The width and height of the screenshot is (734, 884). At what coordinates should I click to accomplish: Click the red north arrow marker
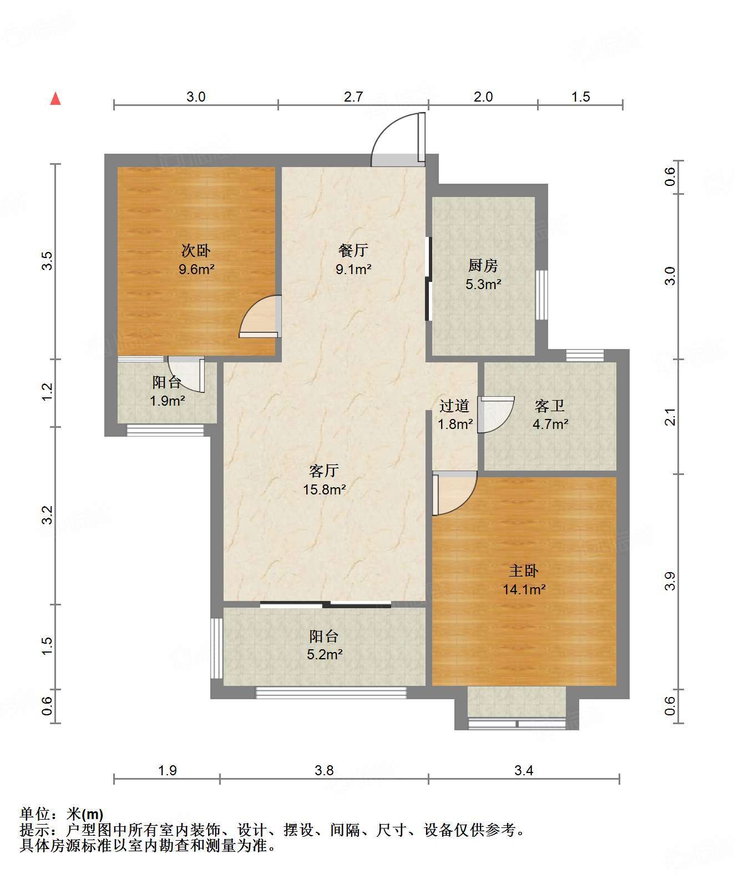55,99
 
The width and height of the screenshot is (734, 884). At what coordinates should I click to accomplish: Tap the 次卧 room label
196,250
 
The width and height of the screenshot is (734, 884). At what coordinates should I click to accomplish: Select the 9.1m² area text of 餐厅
353,269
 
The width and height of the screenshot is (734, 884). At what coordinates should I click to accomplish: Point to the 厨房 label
483,265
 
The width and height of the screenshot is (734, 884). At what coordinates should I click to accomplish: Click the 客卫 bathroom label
549,406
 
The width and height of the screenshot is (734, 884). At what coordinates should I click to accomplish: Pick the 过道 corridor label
454,406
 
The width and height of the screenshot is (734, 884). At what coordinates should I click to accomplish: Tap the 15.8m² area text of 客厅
324,489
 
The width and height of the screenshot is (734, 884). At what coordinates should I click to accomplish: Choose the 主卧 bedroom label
524,570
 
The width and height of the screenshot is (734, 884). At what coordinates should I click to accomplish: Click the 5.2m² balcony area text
325,654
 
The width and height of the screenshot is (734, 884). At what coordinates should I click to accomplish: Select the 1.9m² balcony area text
168,400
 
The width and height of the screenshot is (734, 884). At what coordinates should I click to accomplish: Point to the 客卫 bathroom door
495,415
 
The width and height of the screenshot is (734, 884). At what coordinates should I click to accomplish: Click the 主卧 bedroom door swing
454,493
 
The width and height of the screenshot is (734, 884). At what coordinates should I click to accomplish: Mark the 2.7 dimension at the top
353,97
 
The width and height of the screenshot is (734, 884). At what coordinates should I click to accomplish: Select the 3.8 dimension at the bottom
324,770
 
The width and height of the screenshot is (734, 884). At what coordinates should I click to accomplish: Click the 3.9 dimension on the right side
670,581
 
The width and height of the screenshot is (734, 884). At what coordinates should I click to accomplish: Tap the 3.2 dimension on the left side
47,515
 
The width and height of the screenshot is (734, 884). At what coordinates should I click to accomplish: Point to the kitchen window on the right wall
542,295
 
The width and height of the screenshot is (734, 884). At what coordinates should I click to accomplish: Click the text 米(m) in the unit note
85,814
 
